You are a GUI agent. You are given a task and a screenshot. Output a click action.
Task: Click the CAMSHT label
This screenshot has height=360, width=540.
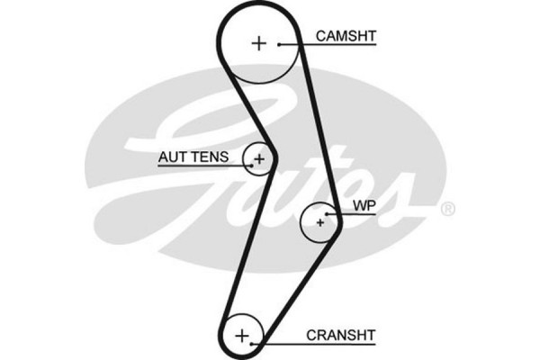pos(346,36)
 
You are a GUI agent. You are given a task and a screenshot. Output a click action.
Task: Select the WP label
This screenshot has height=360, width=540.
pos(363,206)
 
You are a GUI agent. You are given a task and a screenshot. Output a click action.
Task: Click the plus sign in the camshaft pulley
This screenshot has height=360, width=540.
pos(259,43)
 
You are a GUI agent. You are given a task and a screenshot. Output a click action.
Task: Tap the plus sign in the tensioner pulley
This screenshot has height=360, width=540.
pos(259,160)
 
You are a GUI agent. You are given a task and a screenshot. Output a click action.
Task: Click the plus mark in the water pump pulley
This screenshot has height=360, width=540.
pos(320,220)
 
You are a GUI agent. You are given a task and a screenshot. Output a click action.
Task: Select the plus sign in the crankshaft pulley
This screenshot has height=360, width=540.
pos(241,336)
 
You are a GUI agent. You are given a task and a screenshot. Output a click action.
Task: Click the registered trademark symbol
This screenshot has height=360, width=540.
pos(447,209)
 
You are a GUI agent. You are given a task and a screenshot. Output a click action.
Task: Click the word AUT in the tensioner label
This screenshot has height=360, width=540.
pos(172,157)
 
